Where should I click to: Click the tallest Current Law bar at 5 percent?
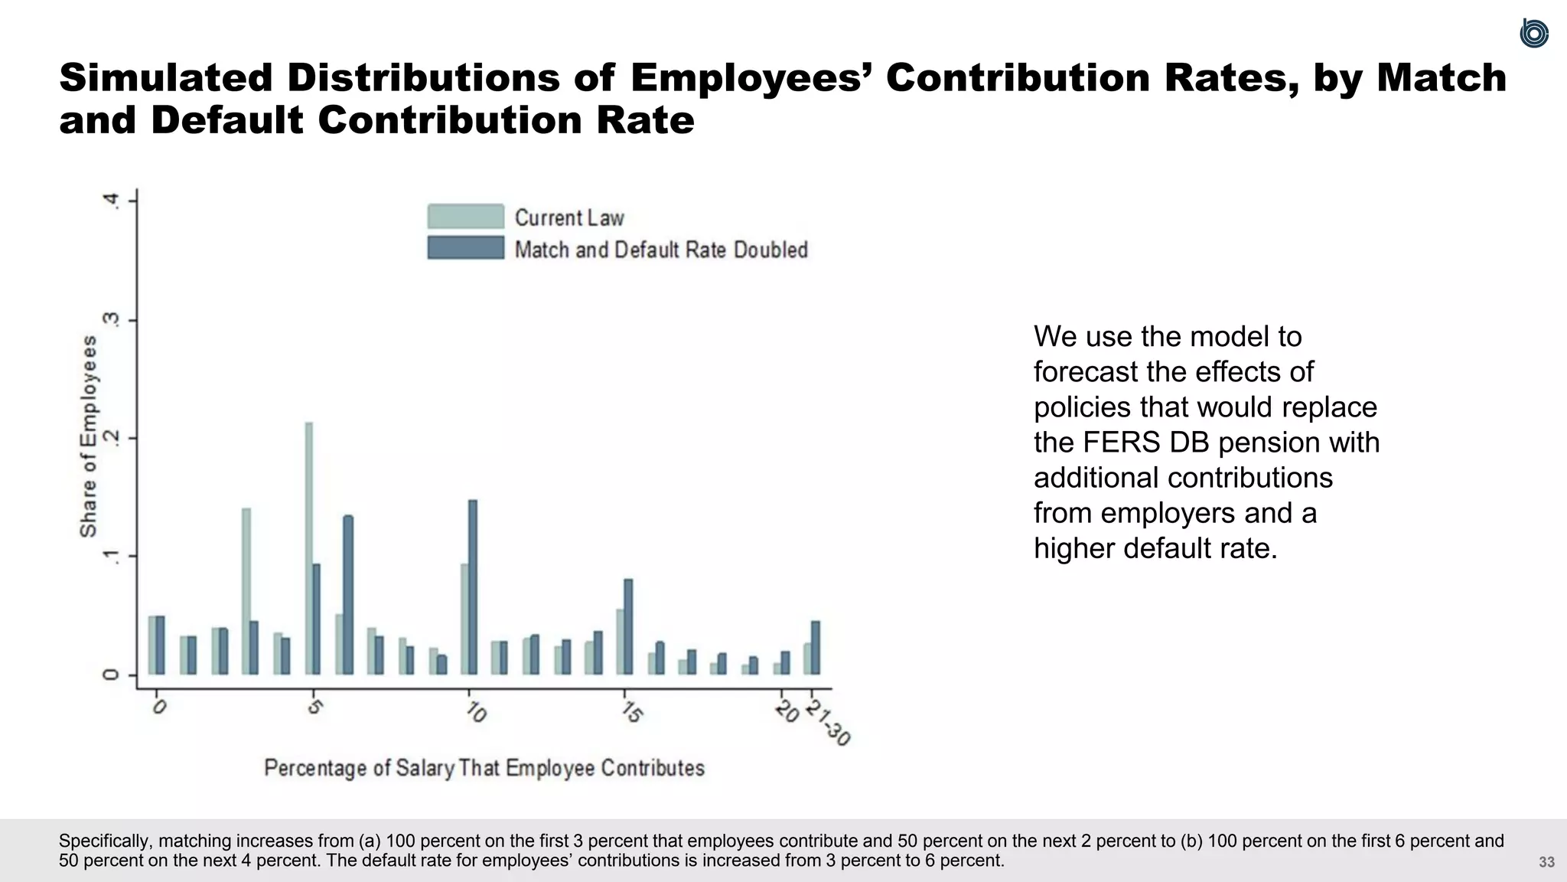tap(309, 547)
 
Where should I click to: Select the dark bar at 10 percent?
tap(473, 587)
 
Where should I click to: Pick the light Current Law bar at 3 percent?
tap(246, 590)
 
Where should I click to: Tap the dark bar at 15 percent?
tap(629, 626)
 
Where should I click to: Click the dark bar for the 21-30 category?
tap(816, 648)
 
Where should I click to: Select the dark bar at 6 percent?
tap(348, 595)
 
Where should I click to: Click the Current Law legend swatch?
tap(465, 217)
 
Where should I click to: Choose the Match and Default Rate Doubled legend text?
tap(661, 250)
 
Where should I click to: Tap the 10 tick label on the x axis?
tap(476, 713)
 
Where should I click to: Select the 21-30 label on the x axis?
tap(828, 723)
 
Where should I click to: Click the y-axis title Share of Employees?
tap(89, 436)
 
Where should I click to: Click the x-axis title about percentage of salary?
tap(484, 768)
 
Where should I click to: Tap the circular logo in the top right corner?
tap(1533, 34)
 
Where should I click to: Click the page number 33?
tap(1546, 862)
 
